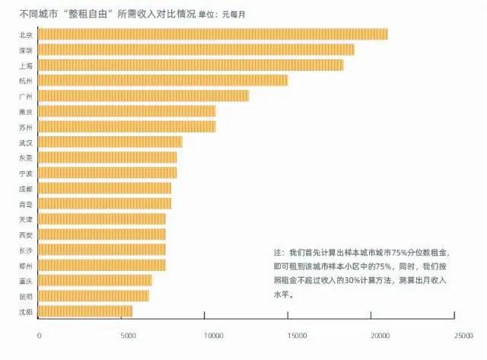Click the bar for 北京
coord(212,34)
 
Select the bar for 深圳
coord(196,49)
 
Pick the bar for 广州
coord(143,96)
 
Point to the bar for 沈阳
coord(85,311)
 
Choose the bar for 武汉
coord(110,142)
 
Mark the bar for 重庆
coord(95,280)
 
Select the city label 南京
coord(25,111)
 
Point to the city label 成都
coord(25,188)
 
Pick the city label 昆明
coord(25,296)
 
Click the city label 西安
coord(25,234)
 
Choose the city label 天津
coord(25,219)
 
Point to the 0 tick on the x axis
coord(39,333)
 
